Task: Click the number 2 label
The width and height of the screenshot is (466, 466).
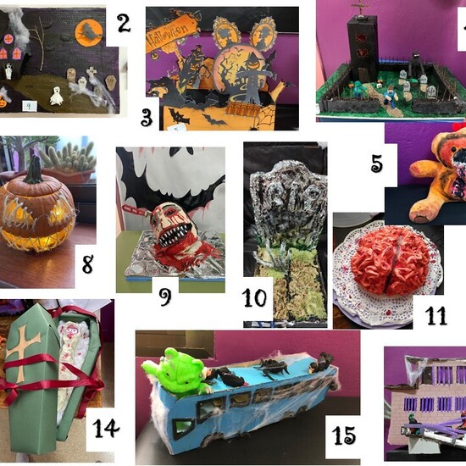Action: tap(124, 24)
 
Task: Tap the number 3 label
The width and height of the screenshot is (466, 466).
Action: tap(147, 117)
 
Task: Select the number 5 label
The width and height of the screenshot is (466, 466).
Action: tap(376, 163)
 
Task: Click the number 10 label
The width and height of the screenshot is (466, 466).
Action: tap(254, 298)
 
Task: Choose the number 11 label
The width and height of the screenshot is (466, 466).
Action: tap(435, 316)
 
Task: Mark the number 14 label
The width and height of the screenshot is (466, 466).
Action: tap(105, 427)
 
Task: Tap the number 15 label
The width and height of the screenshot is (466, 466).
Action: tap(343, 435)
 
